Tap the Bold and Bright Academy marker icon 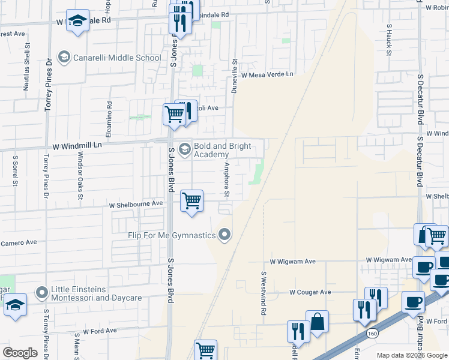point(185,149)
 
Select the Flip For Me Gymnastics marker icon point(225,235)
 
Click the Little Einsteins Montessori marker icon point(42,293)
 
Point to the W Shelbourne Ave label point(136,204)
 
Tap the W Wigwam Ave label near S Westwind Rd point(292,262)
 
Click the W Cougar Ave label point(310,292)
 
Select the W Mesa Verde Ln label point(267,74)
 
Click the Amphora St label point(227,179)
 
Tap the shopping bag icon point(317,322)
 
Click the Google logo point(20,353)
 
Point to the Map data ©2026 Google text point(412,355)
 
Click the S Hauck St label point(389,40)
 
